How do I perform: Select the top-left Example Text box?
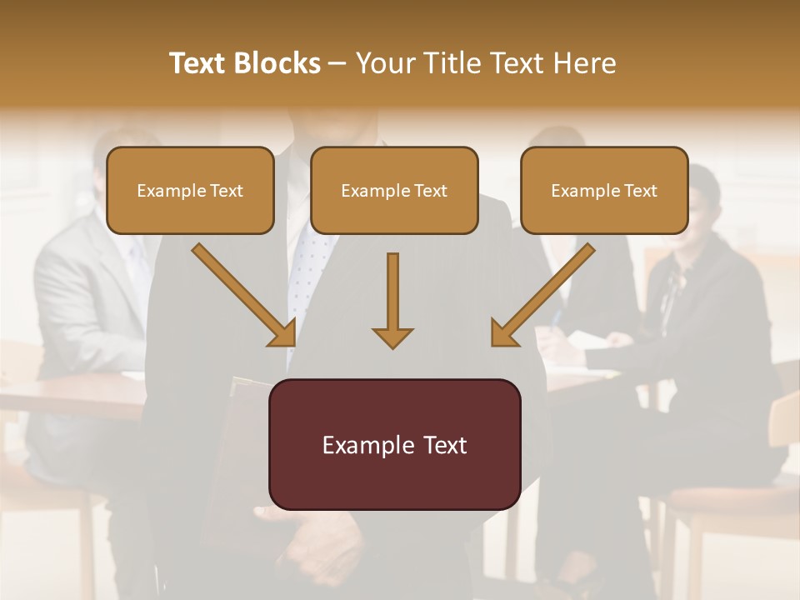pos(190,191)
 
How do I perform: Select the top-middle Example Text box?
pos(394,191)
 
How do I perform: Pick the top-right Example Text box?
pos(604,191)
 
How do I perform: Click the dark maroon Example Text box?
pos(394,445)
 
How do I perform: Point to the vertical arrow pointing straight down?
pos(392,300)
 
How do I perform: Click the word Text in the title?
pos(200,63)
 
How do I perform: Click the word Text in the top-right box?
pos(640,191)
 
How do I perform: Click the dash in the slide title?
pos(338,64)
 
